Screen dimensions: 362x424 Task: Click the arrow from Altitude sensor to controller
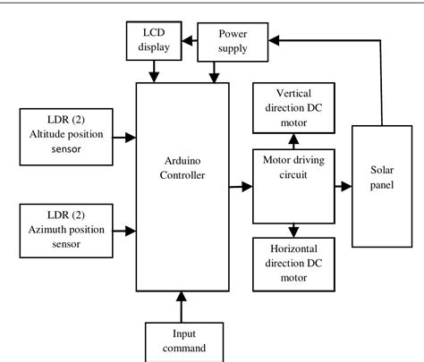point(123,138)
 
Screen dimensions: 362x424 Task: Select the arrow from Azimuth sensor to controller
point(123,233)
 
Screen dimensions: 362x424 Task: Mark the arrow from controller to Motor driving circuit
point(239,187)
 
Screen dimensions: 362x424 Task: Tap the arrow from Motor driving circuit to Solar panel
point(341,187)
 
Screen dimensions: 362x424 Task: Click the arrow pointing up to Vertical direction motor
point(293,139)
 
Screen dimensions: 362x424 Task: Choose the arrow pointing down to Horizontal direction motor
point(293,231)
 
